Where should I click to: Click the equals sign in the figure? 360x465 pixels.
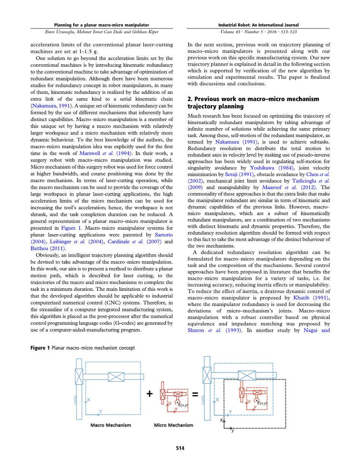(195, 394)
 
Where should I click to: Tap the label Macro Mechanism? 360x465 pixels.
(111, 425)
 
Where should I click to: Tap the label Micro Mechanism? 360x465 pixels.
(173, 425)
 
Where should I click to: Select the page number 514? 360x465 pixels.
(180, 448)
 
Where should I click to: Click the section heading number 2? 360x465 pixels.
(190, 99)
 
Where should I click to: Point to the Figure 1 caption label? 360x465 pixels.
(40, 348)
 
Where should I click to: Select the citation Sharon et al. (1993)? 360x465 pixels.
(215, 330)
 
